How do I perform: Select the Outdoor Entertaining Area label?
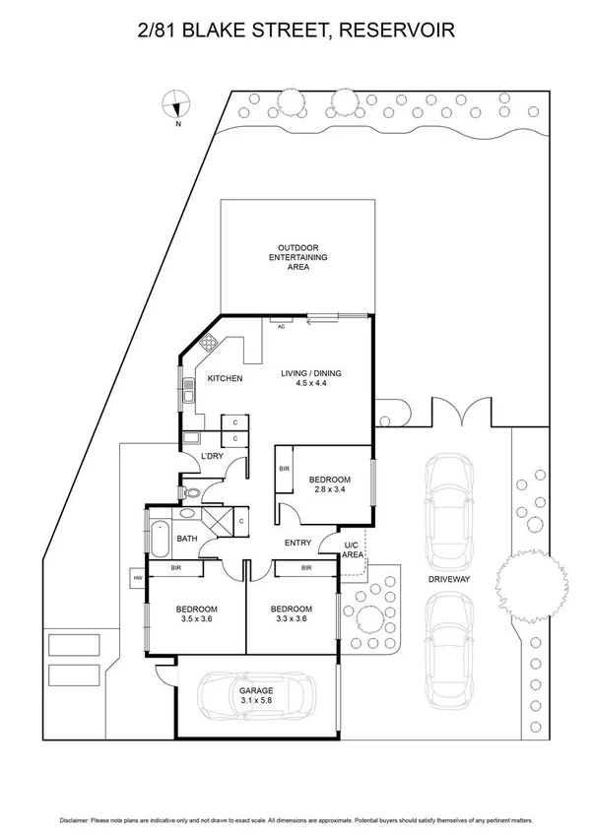tap(298, 257)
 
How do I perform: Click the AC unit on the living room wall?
tap(281, 325)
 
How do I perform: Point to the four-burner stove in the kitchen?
tap(209, 345)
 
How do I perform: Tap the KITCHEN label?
tap(225, 378)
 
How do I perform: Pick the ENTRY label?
tap(298, 543)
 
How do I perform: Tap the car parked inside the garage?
tap(254, 698)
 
